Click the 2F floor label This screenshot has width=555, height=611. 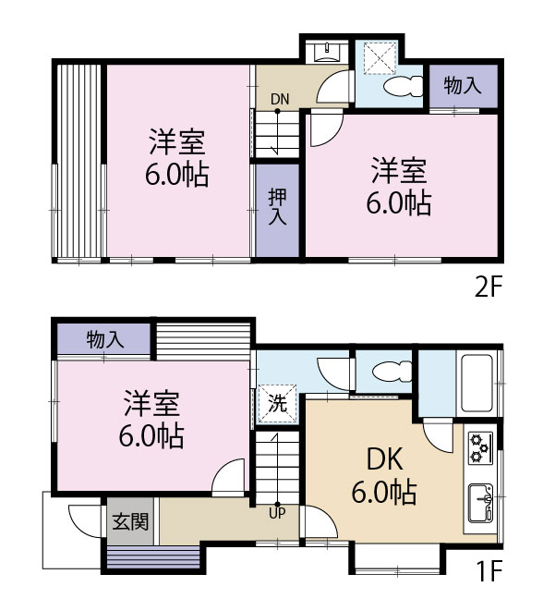coord(487,287)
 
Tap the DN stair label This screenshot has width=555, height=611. coord(279,99)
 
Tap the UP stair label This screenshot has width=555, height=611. coord(276,513)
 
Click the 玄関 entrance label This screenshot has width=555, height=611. coord(130,521)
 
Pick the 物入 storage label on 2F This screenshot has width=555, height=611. coord(463,86)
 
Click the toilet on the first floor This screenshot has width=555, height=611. coord(384,373)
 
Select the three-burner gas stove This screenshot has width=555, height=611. coord(480,447)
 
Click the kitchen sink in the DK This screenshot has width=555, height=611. coord(480,503)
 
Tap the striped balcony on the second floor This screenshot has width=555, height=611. coord(78,162)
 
